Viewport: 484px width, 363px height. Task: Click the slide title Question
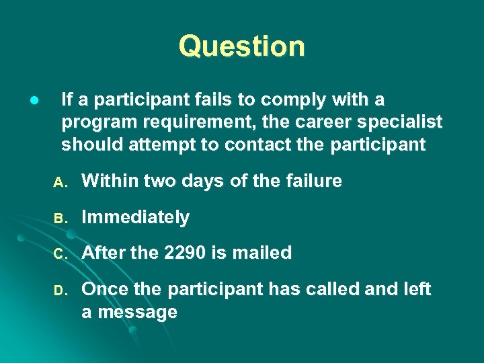point(241,46)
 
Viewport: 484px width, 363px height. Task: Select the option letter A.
point(58,182)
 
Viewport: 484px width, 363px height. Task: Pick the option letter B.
point(58,218)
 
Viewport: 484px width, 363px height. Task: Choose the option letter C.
point(58,255)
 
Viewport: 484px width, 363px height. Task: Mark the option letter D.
point(58,291)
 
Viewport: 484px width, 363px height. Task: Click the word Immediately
point(135,218)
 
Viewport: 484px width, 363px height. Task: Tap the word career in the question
point(331,122)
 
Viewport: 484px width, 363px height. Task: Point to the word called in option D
point(331,290)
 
